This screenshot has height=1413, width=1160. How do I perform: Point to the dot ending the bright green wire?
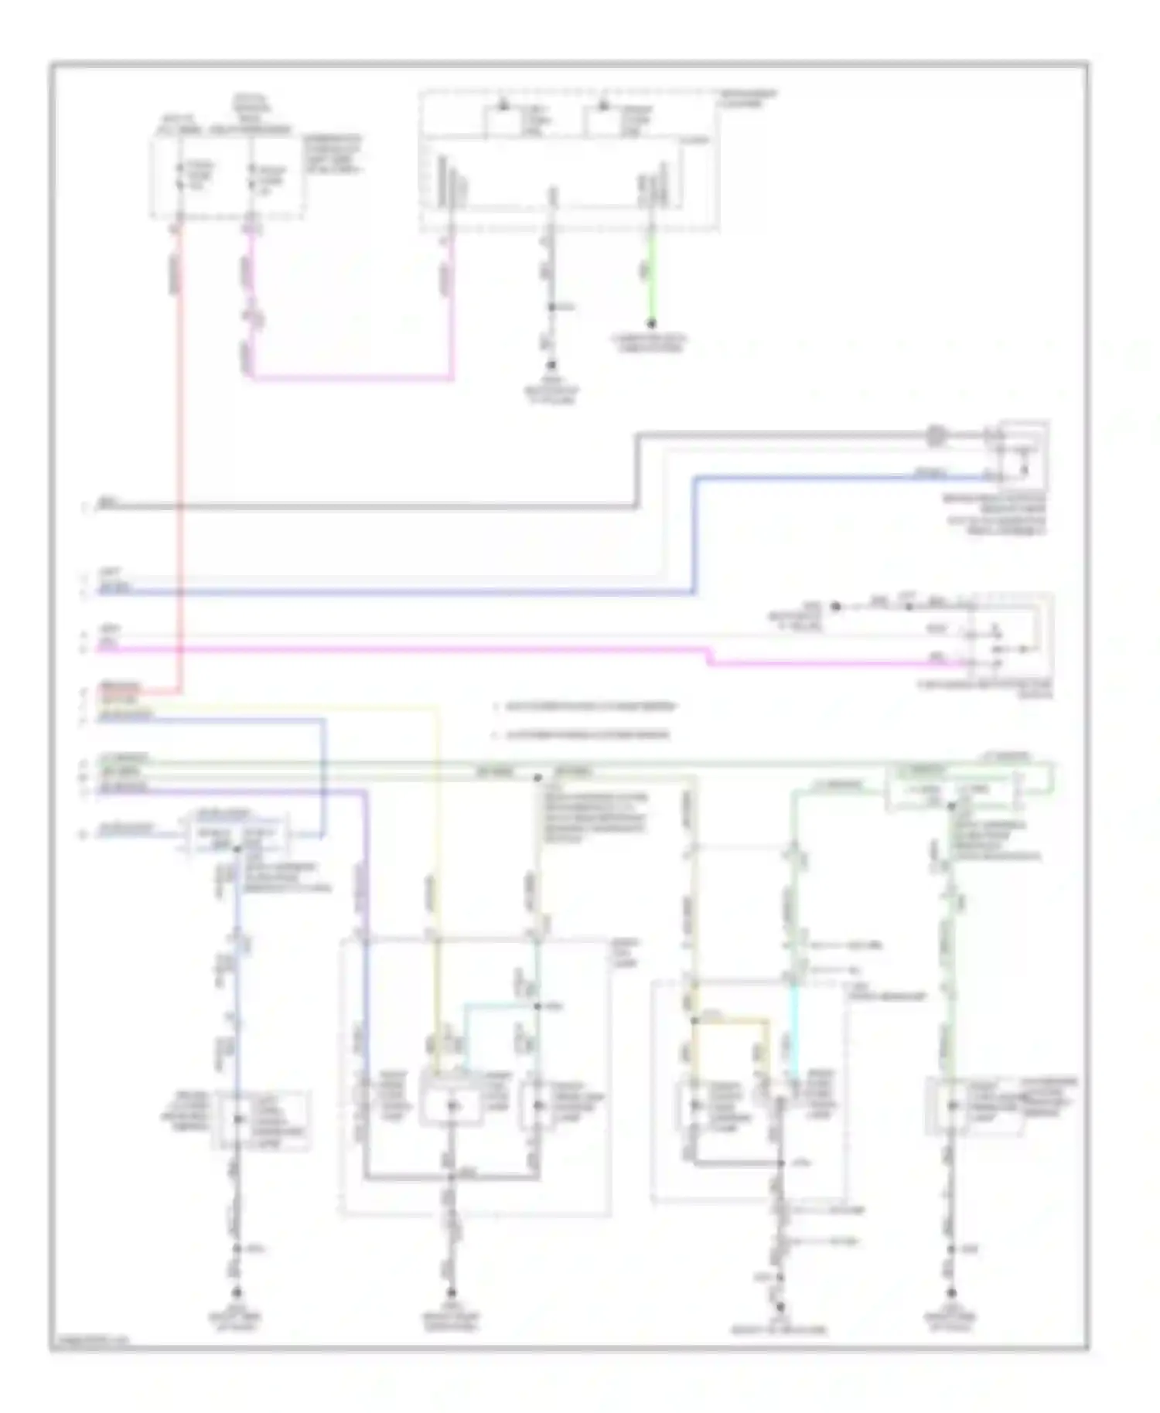[652, 323]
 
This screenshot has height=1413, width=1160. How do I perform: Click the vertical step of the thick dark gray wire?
[638, 472]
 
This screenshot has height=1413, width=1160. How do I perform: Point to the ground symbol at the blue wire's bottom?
[237, 1292]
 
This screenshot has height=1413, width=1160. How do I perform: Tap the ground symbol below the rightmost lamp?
[951, 1292]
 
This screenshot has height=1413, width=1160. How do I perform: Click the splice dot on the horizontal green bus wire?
[537, 777]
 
